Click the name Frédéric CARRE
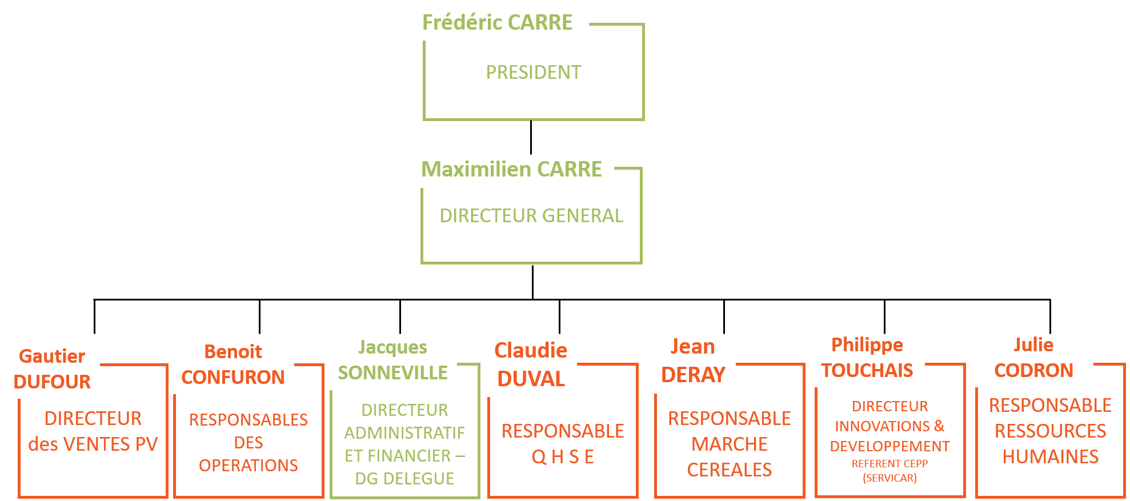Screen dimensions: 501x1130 (497, 22)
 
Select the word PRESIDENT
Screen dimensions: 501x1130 (534, 73)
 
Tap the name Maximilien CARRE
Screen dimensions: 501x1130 (511, 169)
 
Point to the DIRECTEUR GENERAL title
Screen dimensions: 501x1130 (531, 216)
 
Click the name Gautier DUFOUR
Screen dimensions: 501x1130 (52, 368)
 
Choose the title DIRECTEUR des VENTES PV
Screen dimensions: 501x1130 (93, 431)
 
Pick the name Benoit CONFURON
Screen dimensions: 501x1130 (233, 364)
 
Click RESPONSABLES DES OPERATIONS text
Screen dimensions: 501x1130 (249, 443)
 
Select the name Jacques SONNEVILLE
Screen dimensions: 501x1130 (392, 360)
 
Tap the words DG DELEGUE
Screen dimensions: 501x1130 (404, 479)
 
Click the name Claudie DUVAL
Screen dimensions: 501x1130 (531, 364)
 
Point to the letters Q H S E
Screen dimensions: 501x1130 (563, 457)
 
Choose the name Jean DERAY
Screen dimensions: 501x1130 (693, 360)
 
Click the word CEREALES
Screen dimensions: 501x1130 (730, 470)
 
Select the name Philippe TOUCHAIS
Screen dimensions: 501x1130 (867, 358)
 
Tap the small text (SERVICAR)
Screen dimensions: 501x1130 (889, 478)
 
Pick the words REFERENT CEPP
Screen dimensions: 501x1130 (889, 464)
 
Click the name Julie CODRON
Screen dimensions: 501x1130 (1033, 358)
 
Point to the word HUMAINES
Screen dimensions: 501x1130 (1051, 457)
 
